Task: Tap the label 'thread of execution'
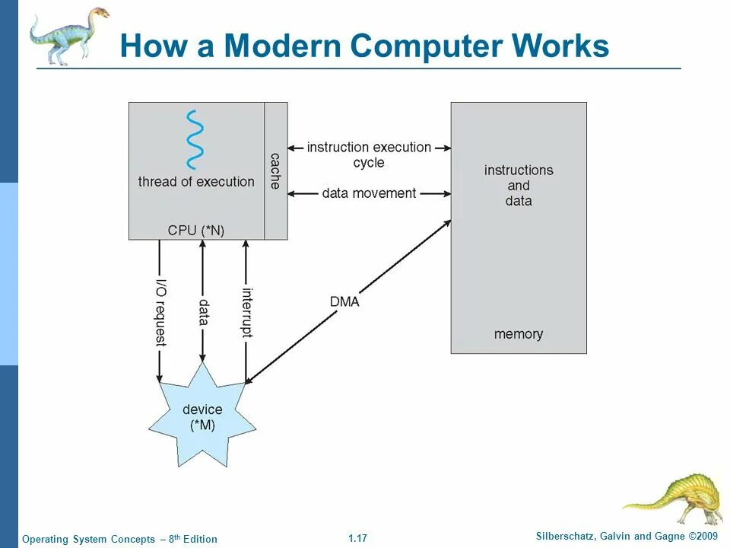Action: pyautogui.click(x=196, y=182)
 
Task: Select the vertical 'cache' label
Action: pyautogui.click(x=275, y=170)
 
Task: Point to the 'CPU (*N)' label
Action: pyautogui.click(x=196, y=230)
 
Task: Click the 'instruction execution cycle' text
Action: pyautogui.click(x=369, y=155)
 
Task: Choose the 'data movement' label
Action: pyautogui.click(x=369, y=193)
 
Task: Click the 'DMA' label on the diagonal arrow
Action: pyautogui.click(x=344, y=301)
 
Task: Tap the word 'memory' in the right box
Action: pyautogui.click(x=519, y=334)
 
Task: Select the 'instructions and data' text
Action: pyautogui.click(x=519, y=185)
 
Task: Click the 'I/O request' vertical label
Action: pyautogui.click(x=160, y=311)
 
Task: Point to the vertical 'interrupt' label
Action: pyautogui.click(x=246, y=311)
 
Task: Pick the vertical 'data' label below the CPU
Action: pyautogui.click(x=203, y=312)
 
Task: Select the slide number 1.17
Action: pyautogui.click(x=357, y=539)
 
